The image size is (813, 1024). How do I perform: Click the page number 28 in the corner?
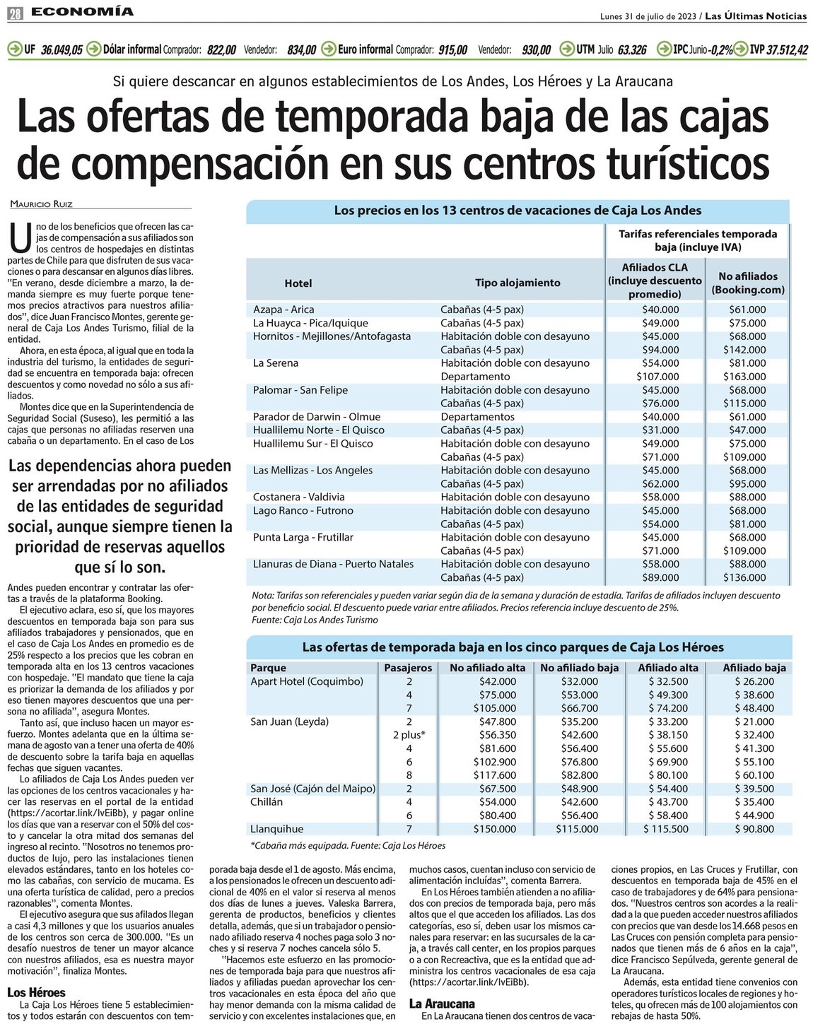click(x=15, y=13)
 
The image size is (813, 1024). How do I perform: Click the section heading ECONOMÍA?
click(x=82, y=11)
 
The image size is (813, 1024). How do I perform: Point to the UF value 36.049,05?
click(x=62, y=49)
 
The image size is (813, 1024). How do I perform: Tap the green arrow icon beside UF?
click(x=14, y=49)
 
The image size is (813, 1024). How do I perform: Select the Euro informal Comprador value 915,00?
click(x=452, y=49)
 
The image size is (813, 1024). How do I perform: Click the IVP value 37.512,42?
click(x=788, y=49)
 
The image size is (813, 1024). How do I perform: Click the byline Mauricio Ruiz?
click(x=41, y=204)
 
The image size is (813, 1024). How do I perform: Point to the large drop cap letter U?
click(x=21, y=237)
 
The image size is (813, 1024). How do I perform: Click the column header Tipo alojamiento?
click(x=517, y=283)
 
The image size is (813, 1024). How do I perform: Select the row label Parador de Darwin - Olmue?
click(x=317, y=417)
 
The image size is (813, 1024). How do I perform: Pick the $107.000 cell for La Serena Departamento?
click(x=657, y=377)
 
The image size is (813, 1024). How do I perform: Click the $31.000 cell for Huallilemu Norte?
click(x=660, y=430)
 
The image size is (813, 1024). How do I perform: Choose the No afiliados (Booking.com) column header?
click(x=748, y=283)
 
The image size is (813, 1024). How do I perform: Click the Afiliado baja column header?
click(x=754, y=668)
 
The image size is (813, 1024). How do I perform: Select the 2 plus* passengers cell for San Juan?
click(x=409, y=736)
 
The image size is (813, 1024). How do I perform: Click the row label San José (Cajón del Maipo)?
click(x=312, y=789)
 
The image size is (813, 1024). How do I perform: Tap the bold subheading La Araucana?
click(x=442, y=1004)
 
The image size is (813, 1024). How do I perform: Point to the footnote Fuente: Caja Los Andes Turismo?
click(x=315, y=620)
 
